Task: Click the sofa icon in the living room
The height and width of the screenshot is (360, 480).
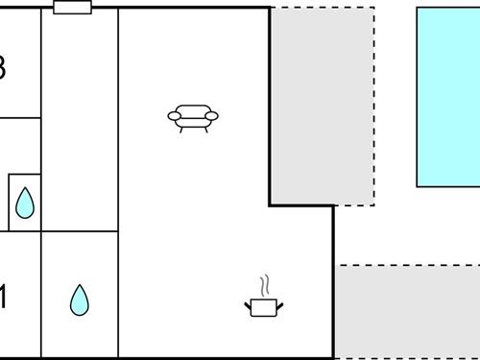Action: (x=193, y=117)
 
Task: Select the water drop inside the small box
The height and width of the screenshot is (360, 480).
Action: (x=25, y=203)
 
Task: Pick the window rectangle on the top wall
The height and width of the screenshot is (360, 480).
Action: (x=73, y=8)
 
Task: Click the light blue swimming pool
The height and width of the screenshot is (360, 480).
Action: (x=448, y=96)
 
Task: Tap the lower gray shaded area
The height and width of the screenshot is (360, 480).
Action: (x=407, y=312)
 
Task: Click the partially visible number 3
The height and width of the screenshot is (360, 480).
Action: (x=3, y=69)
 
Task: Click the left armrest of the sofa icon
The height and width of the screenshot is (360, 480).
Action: (x=174, y=117)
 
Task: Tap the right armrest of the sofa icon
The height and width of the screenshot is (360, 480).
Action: (x=212, y=117)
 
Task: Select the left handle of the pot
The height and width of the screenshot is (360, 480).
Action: (x=249, y=304)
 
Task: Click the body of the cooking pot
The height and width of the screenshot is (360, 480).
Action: (x=263, y=307)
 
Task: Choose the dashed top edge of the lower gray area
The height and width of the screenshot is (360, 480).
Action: (x=407, y=266)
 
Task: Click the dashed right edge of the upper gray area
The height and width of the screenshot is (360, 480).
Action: (x=373, y=106)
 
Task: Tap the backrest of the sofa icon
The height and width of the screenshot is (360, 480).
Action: (x=193, y=109)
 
